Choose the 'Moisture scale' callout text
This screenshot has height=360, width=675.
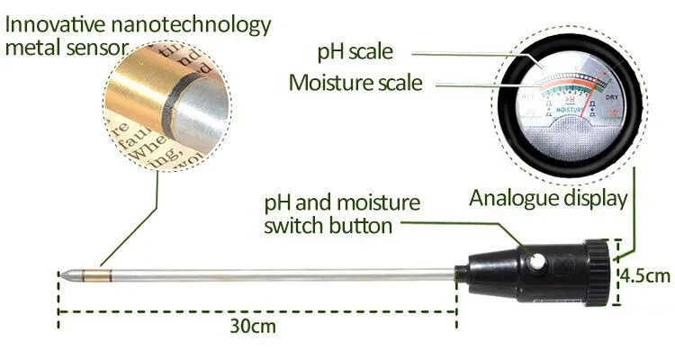point(355,83)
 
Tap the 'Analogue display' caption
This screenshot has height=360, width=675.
point(547,198)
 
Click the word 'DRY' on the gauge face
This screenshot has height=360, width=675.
point(611,96)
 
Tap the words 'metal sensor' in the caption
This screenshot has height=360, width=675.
point(62,46)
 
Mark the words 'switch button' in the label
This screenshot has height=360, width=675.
point(328,224)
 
